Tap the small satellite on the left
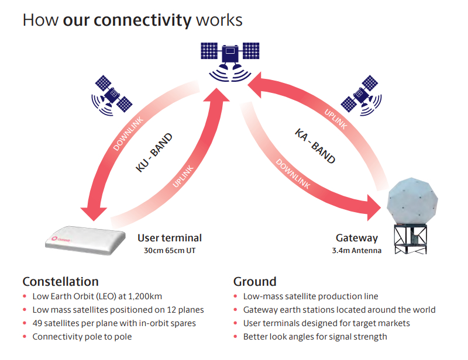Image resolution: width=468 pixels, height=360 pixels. (112, 94)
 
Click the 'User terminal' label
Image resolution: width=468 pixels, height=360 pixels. (170, 238)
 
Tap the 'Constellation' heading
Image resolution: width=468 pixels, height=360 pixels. (60, 281)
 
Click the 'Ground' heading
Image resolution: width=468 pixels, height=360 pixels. (254, 281)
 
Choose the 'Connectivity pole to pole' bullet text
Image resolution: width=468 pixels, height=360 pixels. (82, 337)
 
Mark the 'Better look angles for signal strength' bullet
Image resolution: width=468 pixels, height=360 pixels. (315, 337)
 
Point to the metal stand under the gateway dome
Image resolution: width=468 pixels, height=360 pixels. (412, 240)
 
